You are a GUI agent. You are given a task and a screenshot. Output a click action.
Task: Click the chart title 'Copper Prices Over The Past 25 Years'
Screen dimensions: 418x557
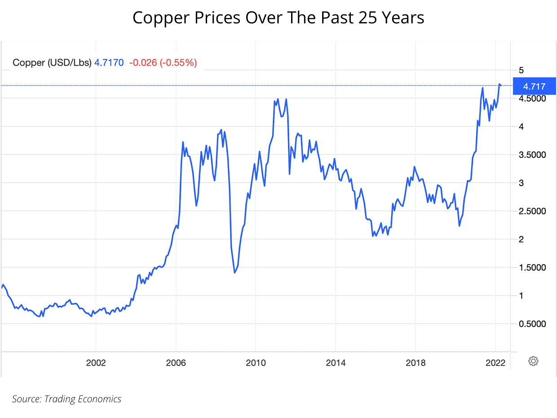pyautogui.click(x=278, y=18)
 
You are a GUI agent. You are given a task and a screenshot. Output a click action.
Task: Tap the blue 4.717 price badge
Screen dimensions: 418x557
pyautogui.click(x=534, y=86)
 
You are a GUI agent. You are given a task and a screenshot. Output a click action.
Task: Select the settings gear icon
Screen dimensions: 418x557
pyautogui.click(x=533, y=361)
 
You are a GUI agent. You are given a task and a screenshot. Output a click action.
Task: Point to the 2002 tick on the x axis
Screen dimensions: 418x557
pyautogui.click(x=96, y=363)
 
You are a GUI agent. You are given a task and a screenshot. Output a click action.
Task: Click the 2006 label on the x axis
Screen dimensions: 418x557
pyautogui.click(x=176, y=363)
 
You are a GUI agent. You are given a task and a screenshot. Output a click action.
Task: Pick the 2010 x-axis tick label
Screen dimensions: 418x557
pyautogui.click(x=255, y=363)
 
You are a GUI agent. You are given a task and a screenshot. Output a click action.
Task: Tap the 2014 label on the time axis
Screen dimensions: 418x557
pyautogui.click(x=335, y=363)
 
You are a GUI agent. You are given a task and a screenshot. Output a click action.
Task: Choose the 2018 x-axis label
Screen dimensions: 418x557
pyautogui.click(x=415, y=363)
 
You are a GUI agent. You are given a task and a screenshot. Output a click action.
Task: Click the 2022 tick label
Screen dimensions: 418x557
pyautogui.click(x=495, y=363)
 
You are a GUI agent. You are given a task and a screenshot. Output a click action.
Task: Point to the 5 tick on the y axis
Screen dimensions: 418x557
pyautogui.click(x=521, y=70)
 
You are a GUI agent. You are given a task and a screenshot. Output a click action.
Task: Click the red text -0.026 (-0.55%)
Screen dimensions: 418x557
pyautogui.click(x=163, y=63)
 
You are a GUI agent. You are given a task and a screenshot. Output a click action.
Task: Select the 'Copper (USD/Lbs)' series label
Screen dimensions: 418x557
pyautogui.click(x=52, y=63)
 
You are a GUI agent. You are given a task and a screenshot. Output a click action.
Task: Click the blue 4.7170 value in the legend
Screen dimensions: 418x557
pyautogui.click(x=109, y=63)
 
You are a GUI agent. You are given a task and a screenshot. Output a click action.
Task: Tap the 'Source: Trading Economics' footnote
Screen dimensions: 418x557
pyautogui.click(x=66, y=399)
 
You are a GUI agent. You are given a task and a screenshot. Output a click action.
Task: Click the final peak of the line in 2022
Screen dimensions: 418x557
pyautogui.click(x=500, y=84)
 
